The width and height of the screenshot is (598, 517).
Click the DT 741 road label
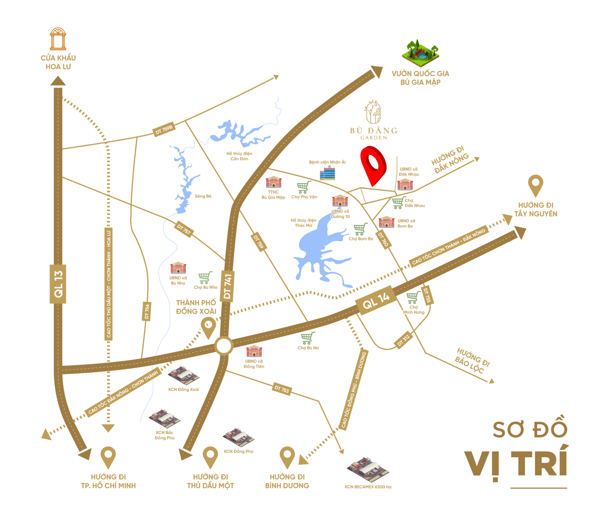[228, 286]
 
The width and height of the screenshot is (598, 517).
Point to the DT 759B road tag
[164, 129]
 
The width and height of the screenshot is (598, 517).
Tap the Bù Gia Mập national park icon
[420, 53]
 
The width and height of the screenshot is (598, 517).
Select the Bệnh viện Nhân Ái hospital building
[327, 173]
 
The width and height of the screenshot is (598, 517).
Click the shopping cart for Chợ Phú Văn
[304, 187]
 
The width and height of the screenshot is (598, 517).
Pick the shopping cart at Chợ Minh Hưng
[413, 297]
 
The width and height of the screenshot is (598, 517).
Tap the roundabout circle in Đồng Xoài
[223, 346]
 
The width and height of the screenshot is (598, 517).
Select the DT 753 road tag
[281, 389]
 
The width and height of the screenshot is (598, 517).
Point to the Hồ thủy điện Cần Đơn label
[239, 156]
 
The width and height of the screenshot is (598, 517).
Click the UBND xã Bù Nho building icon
[178, 267]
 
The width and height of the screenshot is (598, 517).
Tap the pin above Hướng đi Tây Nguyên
[535, 184]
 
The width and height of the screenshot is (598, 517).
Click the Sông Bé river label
[203, 196]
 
